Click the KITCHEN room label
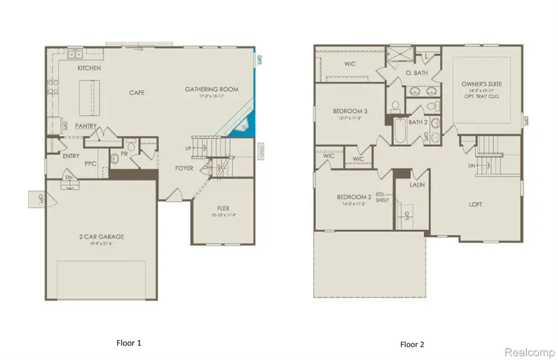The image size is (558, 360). point(89,68)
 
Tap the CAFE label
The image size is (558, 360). point(136,93)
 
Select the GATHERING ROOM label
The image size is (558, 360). point(211,90)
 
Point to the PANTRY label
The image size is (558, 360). point(85,126)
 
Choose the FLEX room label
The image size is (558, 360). point(224,208)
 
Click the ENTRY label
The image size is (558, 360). point(71,156)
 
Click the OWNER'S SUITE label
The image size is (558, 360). point(481,84)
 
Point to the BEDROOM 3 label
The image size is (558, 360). point(346,112)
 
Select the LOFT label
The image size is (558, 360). point(475,204)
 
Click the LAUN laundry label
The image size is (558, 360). point(417,185)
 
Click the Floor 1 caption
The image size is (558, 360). point(130,342)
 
